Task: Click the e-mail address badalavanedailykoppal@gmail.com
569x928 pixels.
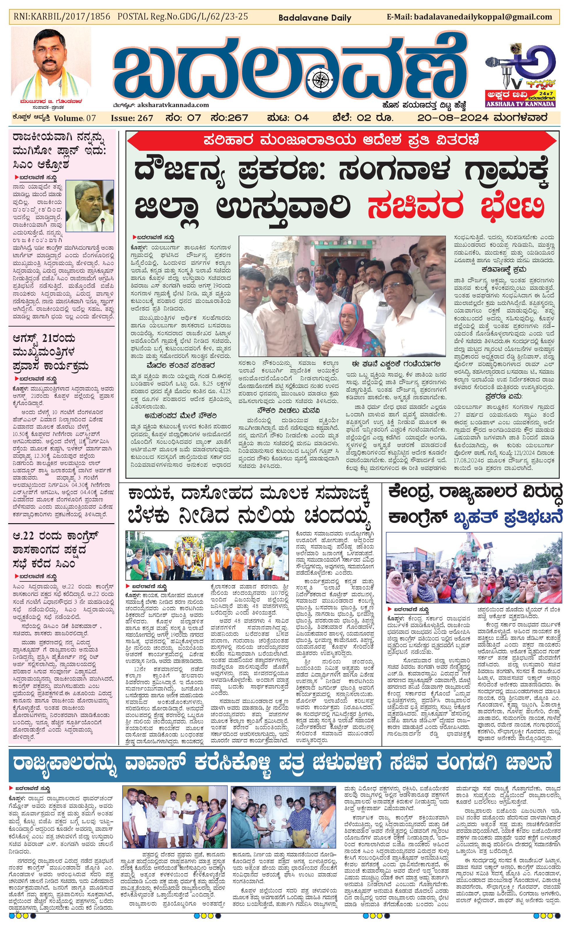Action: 483,17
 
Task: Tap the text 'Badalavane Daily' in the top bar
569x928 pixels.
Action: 315,18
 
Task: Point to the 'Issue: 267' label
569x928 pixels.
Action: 132,118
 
